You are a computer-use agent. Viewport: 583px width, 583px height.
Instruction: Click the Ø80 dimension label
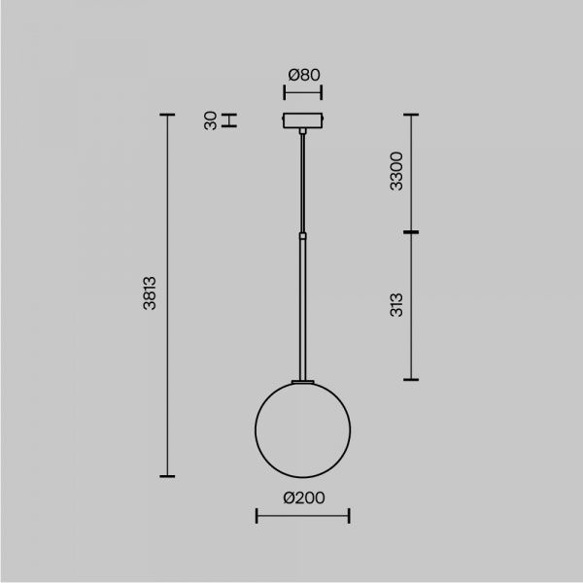tap(304, 75)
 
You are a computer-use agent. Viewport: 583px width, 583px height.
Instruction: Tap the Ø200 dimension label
tap(304, 497)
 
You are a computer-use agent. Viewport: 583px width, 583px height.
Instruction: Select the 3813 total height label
tap(150, 293)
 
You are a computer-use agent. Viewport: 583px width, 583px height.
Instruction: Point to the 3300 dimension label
tap(396, 171)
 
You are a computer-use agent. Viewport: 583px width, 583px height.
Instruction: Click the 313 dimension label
tap(396, 305)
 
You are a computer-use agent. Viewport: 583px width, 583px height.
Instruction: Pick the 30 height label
tap(211, 120)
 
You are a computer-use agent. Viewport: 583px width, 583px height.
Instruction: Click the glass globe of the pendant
tap(255, 429)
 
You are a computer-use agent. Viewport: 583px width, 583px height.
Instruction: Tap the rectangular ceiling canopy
tap(302, 120)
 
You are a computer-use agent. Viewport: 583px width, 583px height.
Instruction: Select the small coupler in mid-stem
tap(303, 236)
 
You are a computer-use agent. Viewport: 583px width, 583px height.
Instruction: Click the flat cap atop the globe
tap(302, 382)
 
